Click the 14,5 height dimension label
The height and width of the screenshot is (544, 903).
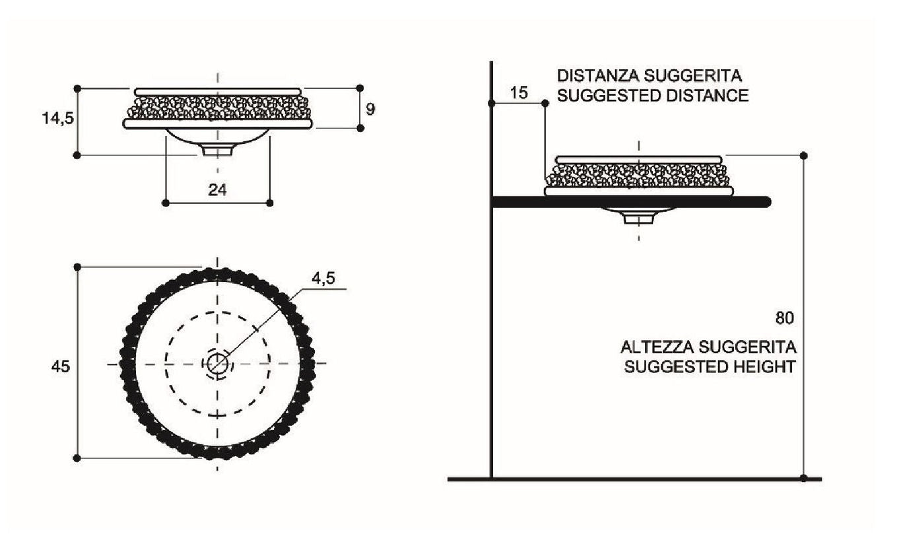click(58, 119)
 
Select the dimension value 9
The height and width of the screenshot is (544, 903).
click(370, 109)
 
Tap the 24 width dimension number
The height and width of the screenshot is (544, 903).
click(217, 189)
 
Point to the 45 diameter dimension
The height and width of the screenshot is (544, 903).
click(61, 366)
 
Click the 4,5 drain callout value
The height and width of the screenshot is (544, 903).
click(323, 278)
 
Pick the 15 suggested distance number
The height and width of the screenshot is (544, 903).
click(519, 92)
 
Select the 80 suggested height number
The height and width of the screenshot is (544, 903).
click(784, 318)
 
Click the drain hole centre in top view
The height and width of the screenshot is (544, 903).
click(218, 364)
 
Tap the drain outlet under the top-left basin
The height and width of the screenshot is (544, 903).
click(217, 151)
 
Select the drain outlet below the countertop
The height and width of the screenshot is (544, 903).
click(638, 219)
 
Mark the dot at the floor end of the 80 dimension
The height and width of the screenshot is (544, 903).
click(804, 478)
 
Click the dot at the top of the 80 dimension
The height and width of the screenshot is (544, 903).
click(804, 156)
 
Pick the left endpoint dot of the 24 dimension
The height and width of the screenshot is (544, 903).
click(165, 203)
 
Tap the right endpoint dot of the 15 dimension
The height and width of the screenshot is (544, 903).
click(545, 103)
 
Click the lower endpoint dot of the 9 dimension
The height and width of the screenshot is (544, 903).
click(360, 128)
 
